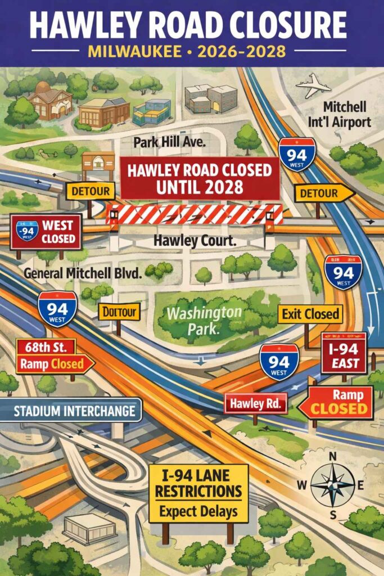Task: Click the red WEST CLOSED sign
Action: (x=46, y=231)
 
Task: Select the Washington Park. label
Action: (x=206, y=318)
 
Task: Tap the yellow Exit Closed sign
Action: (x=310, y=314)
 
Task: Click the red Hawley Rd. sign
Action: (x=256, y=403)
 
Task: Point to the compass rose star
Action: (x=333, y=484)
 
